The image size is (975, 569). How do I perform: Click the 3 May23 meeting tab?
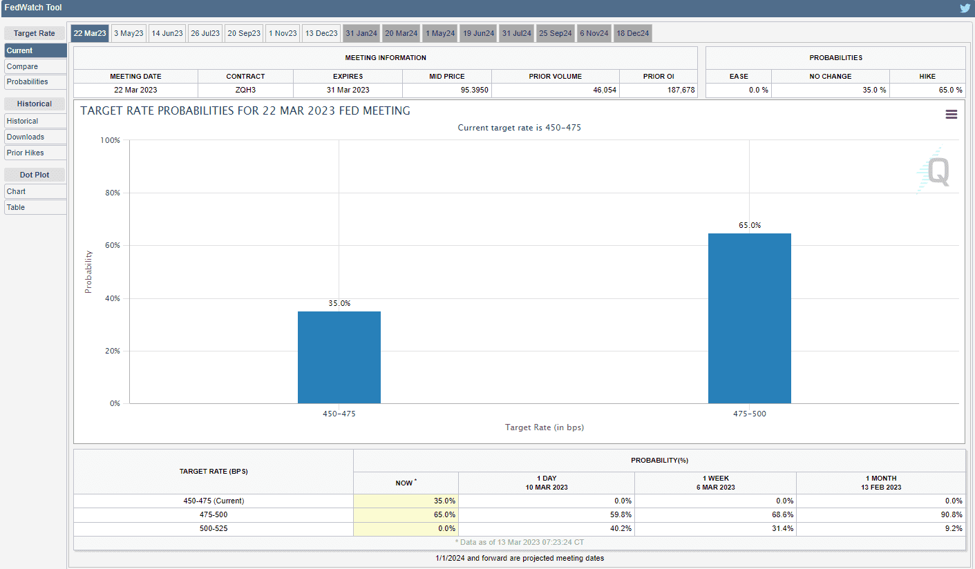(129, 33)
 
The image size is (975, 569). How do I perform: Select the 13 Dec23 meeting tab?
(321, 33)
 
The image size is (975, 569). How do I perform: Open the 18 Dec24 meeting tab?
(633, 33)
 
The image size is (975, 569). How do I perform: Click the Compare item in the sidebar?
(23, 66)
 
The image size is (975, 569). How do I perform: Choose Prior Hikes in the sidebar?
(26, 153)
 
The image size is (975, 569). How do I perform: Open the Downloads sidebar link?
(26, 137)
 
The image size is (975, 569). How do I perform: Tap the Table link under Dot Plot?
(16, 207)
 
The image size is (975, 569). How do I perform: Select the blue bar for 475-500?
(749, 318)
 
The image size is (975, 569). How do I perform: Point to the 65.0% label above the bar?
(749, 225)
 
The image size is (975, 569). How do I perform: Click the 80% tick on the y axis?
(111, 193)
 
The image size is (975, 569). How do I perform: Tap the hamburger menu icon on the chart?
(952, 115)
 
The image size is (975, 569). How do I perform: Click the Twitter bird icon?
(965, 8)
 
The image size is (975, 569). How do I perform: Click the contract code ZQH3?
(245, 90)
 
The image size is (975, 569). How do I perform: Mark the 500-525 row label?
(214, 528)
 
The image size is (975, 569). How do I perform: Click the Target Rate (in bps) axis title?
(545, 427)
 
